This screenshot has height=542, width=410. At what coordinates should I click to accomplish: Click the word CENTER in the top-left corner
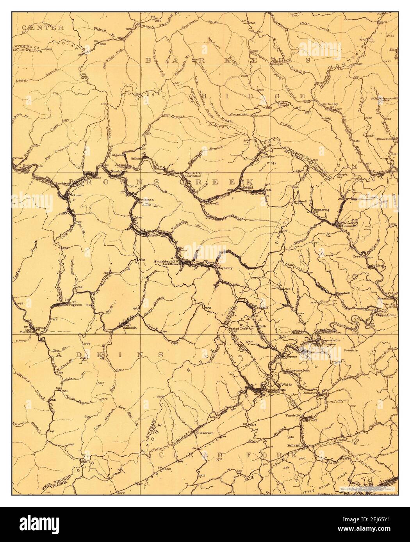tap(43, 28)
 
